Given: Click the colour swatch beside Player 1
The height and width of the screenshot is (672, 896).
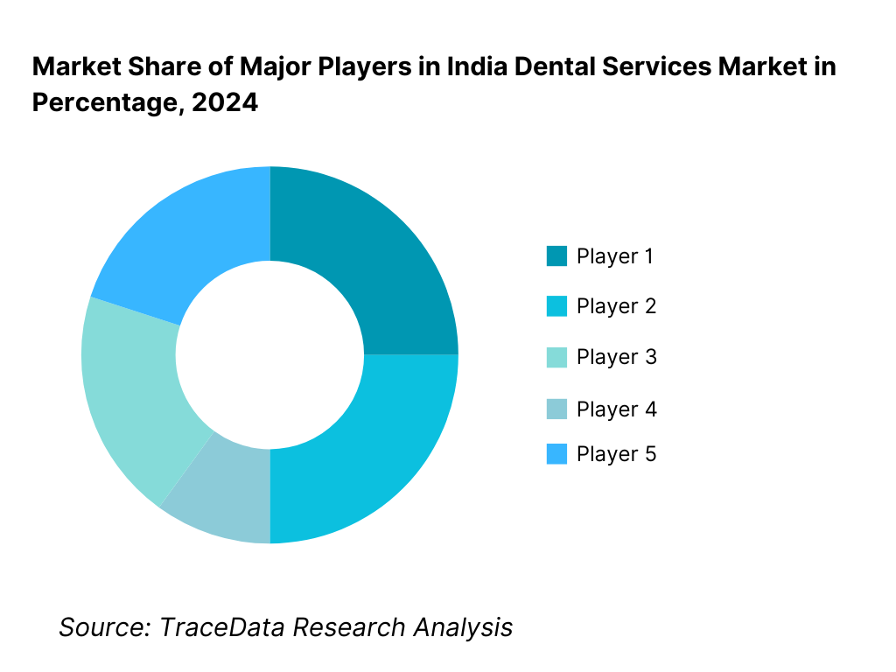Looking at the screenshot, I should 556,256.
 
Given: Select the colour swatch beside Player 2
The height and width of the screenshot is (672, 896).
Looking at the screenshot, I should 556,306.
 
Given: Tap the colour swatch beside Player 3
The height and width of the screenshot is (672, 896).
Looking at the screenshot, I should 556,357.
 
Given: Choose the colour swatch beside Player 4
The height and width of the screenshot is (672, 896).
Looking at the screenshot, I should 556,409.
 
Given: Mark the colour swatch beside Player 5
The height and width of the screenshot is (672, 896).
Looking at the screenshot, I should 556,454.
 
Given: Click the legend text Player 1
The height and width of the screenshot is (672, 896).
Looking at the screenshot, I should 615,256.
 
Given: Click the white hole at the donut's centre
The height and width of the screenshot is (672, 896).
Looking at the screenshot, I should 269,354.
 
